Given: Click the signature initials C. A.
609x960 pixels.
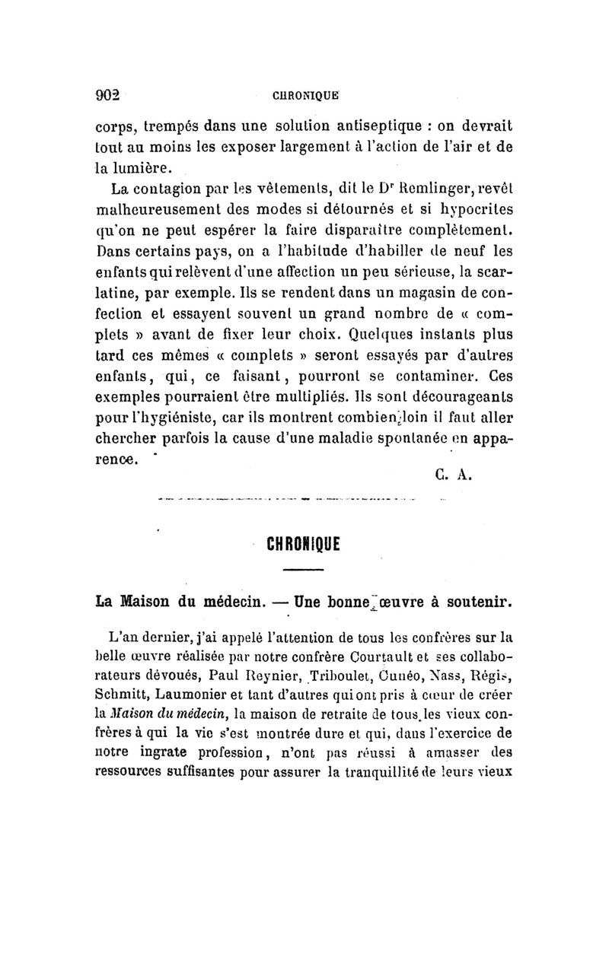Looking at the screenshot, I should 454,476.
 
